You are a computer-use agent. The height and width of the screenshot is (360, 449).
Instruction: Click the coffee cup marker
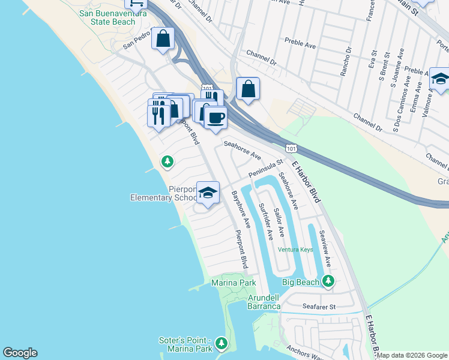coord(215,117)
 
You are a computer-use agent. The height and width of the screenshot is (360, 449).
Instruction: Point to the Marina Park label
coord(234,283)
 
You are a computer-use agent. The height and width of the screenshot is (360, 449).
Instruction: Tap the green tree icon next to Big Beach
coord(328,280)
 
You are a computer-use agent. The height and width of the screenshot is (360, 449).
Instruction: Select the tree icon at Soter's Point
coord(221,343)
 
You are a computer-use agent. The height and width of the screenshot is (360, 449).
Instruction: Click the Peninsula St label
coord(265,169)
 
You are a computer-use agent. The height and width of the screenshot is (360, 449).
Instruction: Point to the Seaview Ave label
coord(325,248)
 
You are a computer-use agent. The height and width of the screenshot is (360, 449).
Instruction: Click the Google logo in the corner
coord(20,353)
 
